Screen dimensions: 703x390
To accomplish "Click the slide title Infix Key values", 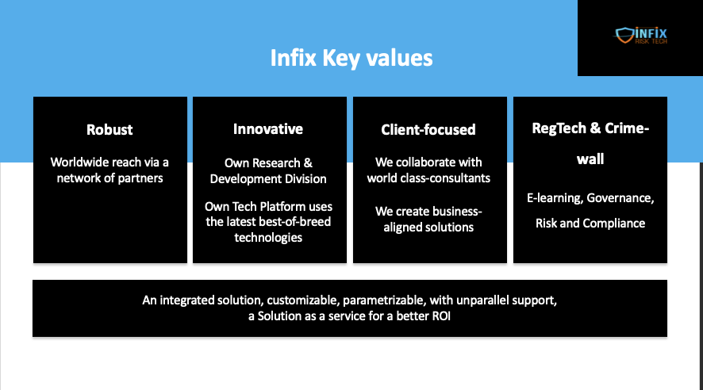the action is (351, 58).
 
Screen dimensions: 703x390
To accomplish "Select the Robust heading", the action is (109, 129).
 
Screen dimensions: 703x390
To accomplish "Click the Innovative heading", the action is (268, 129).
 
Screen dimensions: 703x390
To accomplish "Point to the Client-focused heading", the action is (428, 129).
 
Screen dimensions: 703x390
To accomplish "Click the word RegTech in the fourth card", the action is (558, 128).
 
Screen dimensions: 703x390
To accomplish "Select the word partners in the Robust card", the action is (140, 178).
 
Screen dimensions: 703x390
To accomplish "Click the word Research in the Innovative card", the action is (268, 163).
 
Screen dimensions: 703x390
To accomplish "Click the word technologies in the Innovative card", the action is (268, 237).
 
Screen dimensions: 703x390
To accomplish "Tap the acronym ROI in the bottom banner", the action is (441, 316).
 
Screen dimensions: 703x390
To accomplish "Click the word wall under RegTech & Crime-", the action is (590, 159).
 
